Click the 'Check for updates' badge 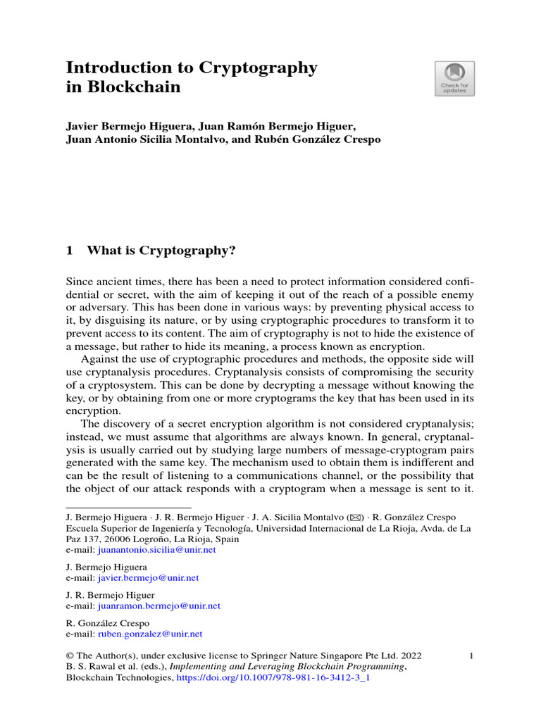click(454, 78)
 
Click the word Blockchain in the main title click(132, 88)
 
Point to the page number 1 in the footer click(471, 656)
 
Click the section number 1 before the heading click(70, 250)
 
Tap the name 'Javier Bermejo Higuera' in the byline click(128, 127)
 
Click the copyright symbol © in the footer click(70, 656)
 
